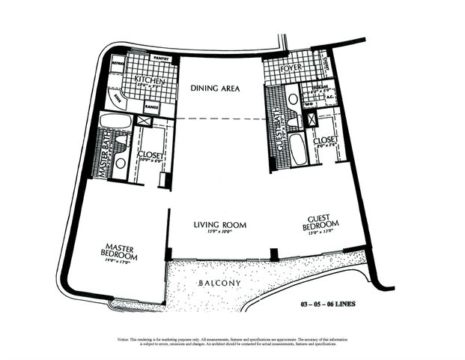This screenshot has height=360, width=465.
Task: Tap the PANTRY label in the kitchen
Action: (161, 58)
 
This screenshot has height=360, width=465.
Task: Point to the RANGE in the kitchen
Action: (151, 107)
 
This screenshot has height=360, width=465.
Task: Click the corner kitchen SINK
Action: (119, 97)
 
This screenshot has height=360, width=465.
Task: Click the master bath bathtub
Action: (116, 120)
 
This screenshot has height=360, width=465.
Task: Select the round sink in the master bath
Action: (119, 163)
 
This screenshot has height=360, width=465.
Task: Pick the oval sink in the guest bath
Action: (293, 99)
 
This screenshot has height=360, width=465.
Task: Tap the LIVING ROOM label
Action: (221, 224)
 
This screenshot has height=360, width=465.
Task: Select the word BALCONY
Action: (220, 283)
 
